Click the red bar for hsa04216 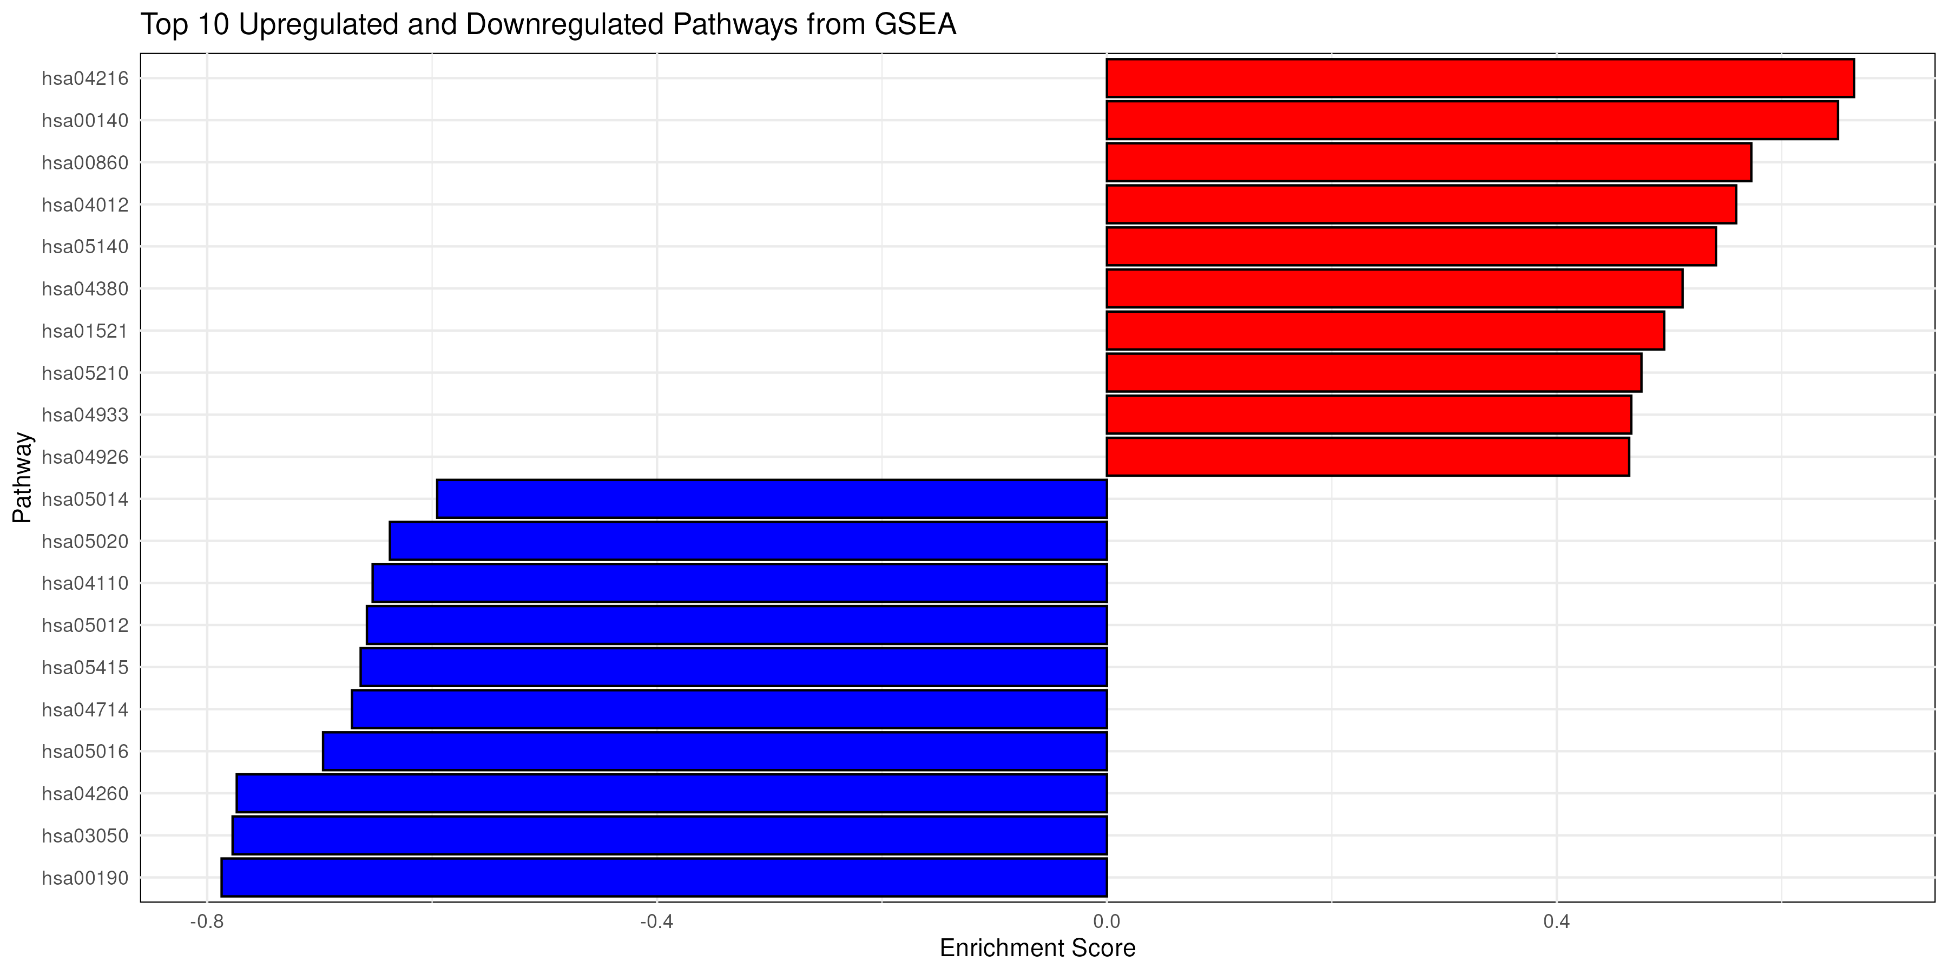1480,78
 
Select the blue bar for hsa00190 664,877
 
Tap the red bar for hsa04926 1367,457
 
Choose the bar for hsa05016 715,751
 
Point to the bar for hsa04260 672,793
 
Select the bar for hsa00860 1429,162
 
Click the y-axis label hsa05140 85,247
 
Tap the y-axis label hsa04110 85,583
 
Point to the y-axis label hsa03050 85,835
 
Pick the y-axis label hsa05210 85,373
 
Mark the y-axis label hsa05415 85,667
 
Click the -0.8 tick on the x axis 207,922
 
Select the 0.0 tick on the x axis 1107,922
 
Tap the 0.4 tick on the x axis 1556,922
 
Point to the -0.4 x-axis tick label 656,922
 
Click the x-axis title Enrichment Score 1037,948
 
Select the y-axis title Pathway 23,477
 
